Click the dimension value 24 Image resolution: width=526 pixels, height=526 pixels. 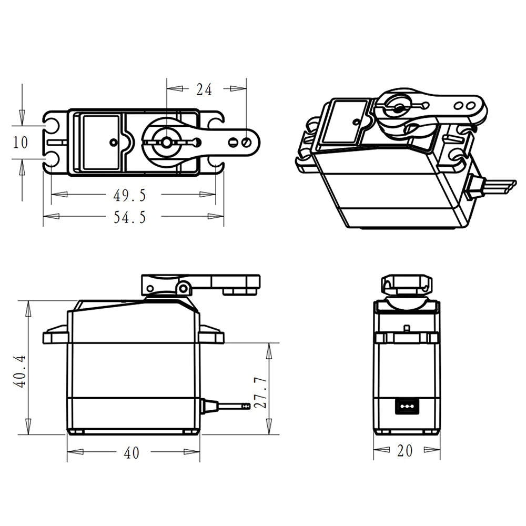204,90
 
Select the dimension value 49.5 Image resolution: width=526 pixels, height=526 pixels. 129,195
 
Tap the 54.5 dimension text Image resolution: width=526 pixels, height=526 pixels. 129,217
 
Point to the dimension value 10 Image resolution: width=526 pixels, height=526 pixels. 21,142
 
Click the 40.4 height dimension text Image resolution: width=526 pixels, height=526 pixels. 20,371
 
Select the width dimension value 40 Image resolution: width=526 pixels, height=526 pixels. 131,453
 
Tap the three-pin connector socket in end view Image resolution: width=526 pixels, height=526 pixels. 406,406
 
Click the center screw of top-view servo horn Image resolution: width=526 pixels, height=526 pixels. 166,142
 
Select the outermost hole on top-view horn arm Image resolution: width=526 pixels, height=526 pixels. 246,142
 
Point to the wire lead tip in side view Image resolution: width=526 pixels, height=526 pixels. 245,406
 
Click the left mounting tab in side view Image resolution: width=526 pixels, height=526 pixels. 55,335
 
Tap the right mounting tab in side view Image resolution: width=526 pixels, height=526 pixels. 211,335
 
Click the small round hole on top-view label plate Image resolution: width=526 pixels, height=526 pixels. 113,142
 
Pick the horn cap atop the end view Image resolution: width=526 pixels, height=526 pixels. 407,284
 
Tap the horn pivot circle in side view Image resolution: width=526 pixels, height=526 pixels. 183,288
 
